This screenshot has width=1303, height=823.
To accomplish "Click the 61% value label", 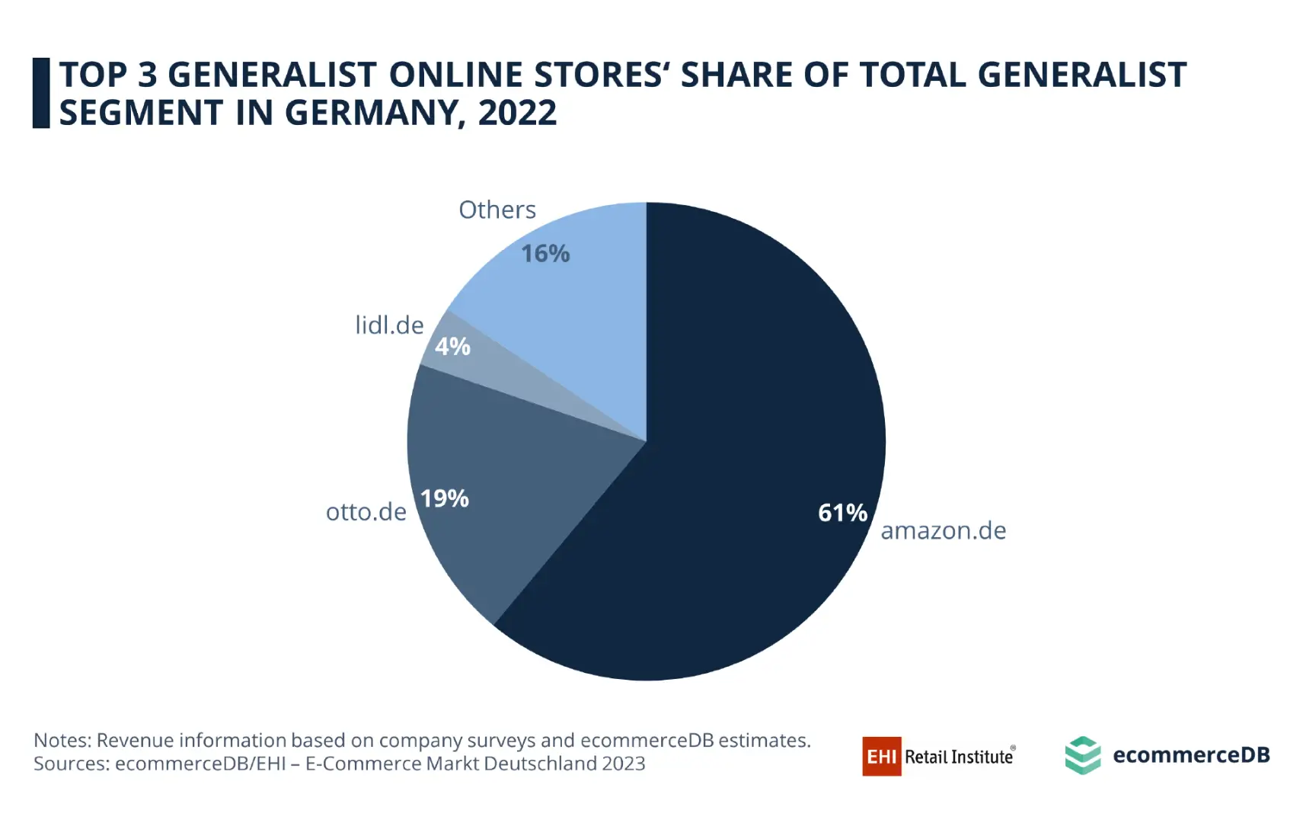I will [x=842, y=513].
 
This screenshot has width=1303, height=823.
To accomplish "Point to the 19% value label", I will [x=445, y=498].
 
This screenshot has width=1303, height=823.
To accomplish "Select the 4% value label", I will [x=452, y=347].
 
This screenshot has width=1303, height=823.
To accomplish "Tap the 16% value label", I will [x=545, y=254].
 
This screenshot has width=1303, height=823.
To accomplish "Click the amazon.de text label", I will [x=943, y=530].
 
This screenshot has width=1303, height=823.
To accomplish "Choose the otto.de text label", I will [x=366, y=511].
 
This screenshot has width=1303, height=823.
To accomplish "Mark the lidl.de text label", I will [x=389, y=325].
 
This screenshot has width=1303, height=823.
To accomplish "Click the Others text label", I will [x=497, y=210].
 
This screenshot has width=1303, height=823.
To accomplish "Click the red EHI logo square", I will [x=881, y=756].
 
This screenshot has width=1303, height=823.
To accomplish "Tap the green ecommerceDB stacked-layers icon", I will [x=1082, y=755].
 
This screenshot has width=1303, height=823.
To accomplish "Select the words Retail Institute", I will [x=959, y=757].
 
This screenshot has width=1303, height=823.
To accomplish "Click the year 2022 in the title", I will [x=517, y=113].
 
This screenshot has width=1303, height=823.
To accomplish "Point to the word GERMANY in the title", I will [x=371, y=113].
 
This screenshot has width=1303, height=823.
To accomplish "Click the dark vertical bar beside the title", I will [x=41, y=93].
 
